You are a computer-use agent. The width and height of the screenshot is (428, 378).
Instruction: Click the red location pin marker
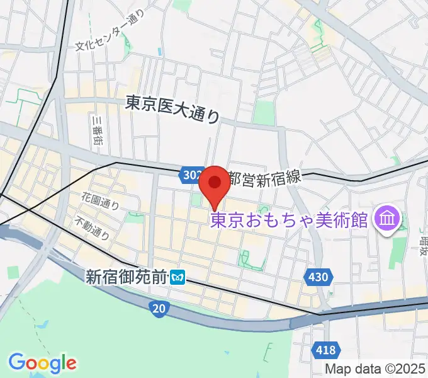tap(215, 183)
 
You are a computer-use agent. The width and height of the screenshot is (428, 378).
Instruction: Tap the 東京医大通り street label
tap(173, 108)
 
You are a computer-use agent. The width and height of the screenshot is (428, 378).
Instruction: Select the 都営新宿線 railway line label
tap(265, 179)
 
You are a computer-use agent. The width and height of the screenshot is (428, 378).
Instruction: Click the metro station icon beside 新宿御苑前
tap(179, 276)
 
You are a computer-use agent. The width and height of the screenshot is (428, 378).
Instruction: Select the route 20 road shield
tap(159, 307)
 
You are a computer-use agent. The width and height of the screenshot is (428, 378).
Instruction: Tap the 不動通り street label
tap(93, 228)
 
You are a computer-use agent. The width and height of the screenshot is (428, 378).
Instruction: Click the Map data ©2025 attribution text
tap(375, 368)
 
